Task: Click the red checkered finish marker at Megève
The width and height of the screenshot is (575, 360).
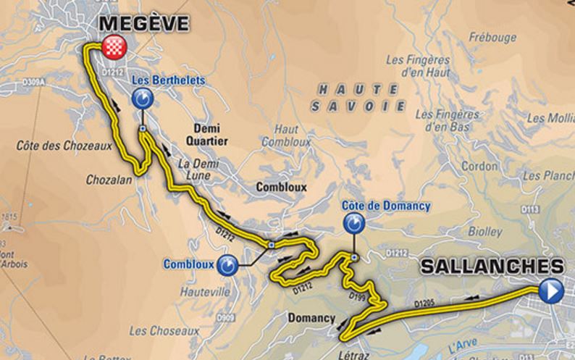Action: (114, 47)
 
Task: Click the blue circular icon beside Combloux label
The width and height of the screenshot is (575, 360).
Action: (229, 265)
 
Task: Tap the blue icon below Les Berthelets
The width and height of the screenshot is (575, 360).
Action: (143, 99)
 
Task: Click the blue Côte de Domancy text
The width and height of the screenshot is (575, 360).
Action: (387, 206)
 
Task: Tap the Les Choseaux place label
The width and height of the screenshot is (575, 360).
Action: (164, 331)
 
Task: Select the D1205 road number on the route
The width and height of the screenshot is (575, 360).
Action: (427, 301)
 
